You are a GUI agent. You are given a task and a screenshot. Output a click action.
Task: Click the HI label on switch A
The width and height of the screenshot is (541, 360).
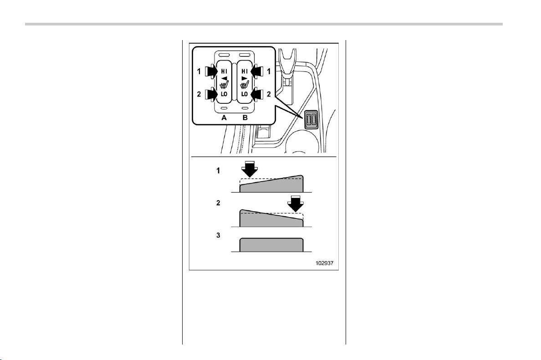(x=224, y=71)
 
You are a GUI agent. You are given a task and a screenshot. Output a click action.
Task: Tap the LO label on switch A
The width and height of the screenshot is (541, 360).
(x=224, y=94)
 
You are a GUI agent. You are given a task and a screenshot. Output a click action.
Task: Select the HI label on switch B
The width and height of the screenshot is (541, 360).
(x=245, y=71)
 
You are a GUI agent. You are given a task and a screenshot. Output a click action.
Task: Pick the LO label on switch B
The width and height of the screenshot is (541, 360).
(x=245, y=94)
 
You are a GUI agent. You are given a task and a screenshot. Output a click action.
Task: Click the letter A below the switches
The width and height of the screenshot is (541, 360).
(x=224, y=118)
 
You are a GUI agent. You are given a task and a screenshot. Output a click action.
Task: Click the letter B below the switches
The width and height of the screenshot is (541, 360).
(x=245, y=118)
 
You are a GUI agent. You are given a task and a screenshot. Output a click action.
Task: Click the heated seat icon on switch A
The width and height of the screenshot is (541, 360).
(x=224, y=83)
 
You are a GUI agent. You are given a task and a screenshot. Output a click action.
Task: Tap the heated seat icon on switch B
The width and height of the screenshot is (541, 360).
(x=245, y=83)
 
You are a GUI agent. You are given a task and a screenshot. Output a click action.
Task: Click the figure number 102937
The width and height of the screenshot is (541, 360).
(x=324, y=263)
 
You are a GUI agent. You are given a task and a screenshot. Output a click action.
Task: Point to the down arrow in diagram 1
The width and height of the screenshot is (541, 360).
(x=249, y=169)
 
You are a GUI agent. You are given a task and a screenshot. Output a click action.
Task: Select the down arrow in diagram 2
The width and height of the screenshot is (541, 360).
(x=296, y=203)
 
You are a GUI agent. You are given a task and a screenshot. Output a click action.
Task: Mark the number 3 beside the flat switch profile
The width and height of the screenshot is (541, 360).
(x=218, y=235)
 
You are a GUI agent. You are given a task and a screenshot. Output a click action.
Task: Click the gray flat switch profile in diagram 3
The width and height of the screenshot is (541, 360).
(x=271, y=245)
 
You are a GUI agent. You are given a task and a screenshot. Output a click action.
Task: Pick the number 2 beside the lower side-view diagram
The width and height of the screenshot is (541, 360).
(x=218, y=203)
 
